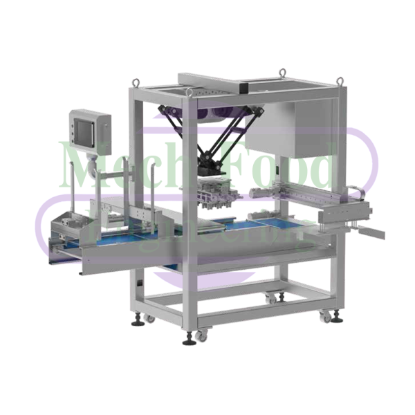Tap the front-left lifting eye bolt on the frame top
(136, 82)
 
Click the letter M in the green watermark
(80, 166)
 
